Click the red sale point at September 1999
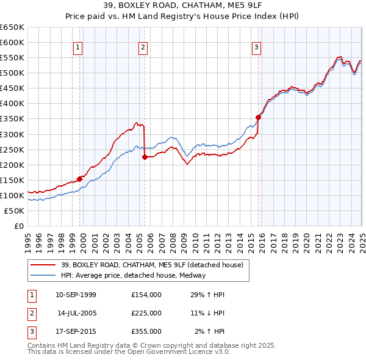tap(80, 179)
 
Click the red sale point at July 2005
tap(145, 157)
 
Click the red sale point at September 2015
tap(258, 117)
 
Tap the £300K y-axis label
tap(12, 134)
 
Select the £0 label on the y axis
tap(18, 226)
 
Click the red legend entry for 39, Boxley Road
tap(152, 265)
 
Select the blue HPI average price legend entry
tap(133, 275)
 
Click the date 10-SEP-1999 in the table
tap(76, 295)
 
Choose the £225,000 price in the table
tap(146, 313)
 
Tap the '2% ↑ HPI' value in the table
tap(209, 331)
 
